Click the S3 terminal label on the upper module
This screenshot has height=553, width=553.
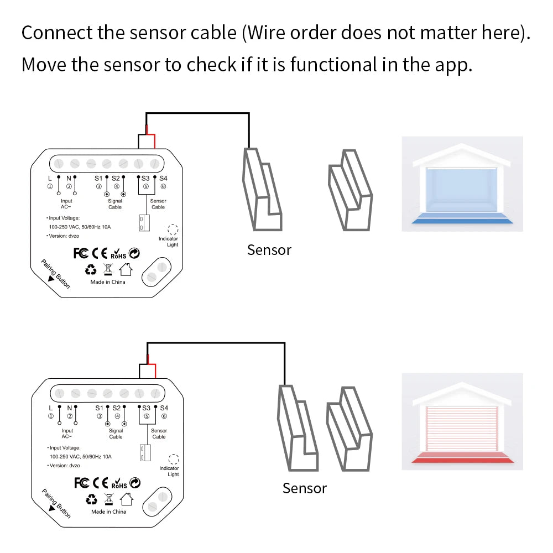(145, 178)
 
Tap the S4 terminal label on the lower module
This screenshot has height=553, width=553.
(163, 408)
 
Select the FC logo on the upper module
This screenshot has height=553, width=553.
(81, 253)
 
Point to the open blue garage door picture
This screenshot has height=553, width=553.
(462, 184)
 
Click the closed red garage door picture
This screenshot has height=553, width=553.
(462, 421)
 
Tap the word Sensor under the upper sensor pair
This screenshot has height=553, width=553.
(269, 250)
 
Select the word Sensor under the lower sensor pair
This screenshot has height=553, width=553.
(304, 488)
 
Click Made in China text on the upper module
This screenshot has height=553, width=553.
(108, 282)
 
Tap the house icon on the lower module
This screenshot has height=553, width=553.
(126, 499)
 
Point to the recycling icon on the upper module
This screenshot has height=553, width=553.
(90, 270)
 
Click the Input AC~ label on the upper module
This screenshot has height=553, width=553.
(66, 204)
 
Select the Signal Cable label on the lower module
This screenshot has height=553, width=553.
(116, 434)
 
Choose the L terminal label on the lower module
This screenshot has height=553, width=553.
(50, 408)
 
